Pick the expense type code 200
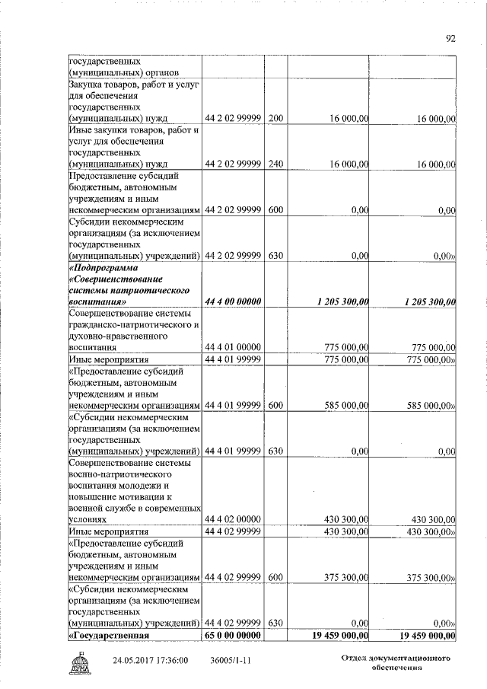pyautogui.click(x=276, y=118)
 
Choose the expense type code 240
pyautogui.click(x=276, y=164)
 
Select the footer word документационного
pyautogui.click(x=411, y=656)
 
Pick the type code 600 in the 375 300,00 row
pyautogui.click(x=276, y=578)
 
